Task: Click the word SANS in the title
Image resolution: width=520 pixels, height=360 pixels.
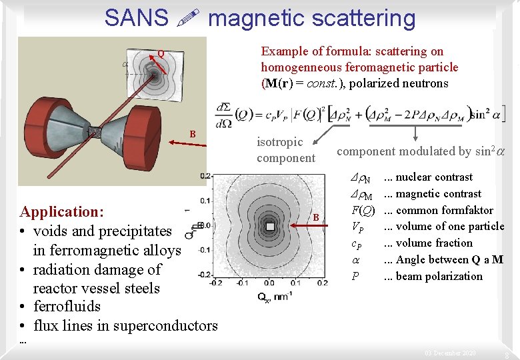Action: click(x=137, y=18)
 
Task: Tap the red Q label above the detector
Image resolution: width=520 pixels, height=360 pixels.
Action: click(x=160, y=54)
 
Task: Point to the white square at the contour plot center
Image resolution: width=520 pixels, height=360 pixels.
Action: click(x=270, y=227)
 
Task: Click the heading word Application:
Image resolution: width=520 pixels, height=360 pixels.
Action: click(x=62, y=212)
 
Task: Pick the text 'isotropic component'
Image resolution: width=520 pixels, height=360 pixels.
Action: click(x=286, y=150)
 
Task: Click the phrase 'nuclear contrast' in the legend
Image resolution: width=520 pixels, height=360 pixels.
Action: click(x=434, y=177)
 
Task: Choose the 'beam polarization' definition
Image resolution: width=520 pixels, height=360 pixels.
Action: click(x=439, y=276)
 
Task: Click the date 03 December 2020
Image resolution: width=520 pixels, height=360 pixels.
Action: click(x=451, y=353)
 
